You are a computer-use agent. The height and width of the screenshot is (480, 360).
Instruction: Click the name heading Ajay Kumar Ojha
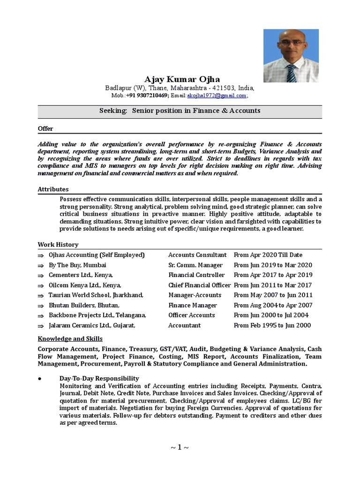click(182, 79)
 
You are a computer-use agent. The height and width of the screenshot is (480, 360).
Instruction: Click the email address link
click(217, 96)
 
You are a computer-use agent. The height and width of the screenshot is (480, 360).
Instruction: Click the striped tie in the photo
click(291, 73)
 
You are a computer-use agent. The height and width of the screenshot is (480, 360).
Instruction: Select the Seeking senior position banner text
click(180, 111)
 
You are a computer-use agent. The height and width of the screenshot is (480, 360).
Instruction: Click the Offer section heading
click(45, 128)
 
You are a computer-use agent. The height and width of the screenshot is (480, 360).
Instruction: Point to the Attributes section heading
click(53, 189)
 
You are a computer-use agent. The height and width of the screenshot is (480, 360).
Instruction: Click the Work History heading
click(58, 245)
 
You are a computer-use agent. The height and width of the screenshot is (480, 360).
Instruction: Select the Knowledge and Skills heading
click(70, 338)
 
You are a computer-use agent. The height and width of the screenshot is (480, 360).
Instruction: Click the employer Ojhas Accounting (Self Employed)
click(97, 255)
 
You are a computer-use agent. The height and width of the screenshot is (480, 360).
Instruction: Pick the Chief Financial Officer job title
click(199, 285)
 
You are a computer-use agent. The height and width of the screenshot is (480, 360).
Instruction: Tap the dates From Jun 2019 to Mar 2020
click(273, 265)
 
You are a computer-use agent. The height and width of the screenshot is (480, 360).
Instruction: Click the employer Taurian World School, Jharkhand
click(96, 295)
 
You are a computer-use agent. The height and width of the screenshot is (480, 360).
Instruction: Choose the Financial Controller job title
click(196, 275)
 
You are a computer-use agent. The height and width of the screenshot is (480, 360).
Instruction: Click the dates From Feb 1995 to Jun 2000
click(272, 325)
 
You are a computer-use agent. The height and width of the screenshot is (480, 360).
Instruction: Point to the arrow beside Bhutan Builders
click(41, 306)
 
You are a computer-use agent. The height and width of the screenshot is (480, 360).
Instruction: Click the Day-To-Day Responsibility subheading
click(99, 378)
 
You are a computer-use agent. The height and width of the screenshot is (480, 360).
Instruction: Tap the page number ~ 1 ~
click(180, 448)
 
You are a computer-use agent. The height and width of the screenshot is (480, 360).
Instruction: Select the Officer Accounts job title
click(192, 315)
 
